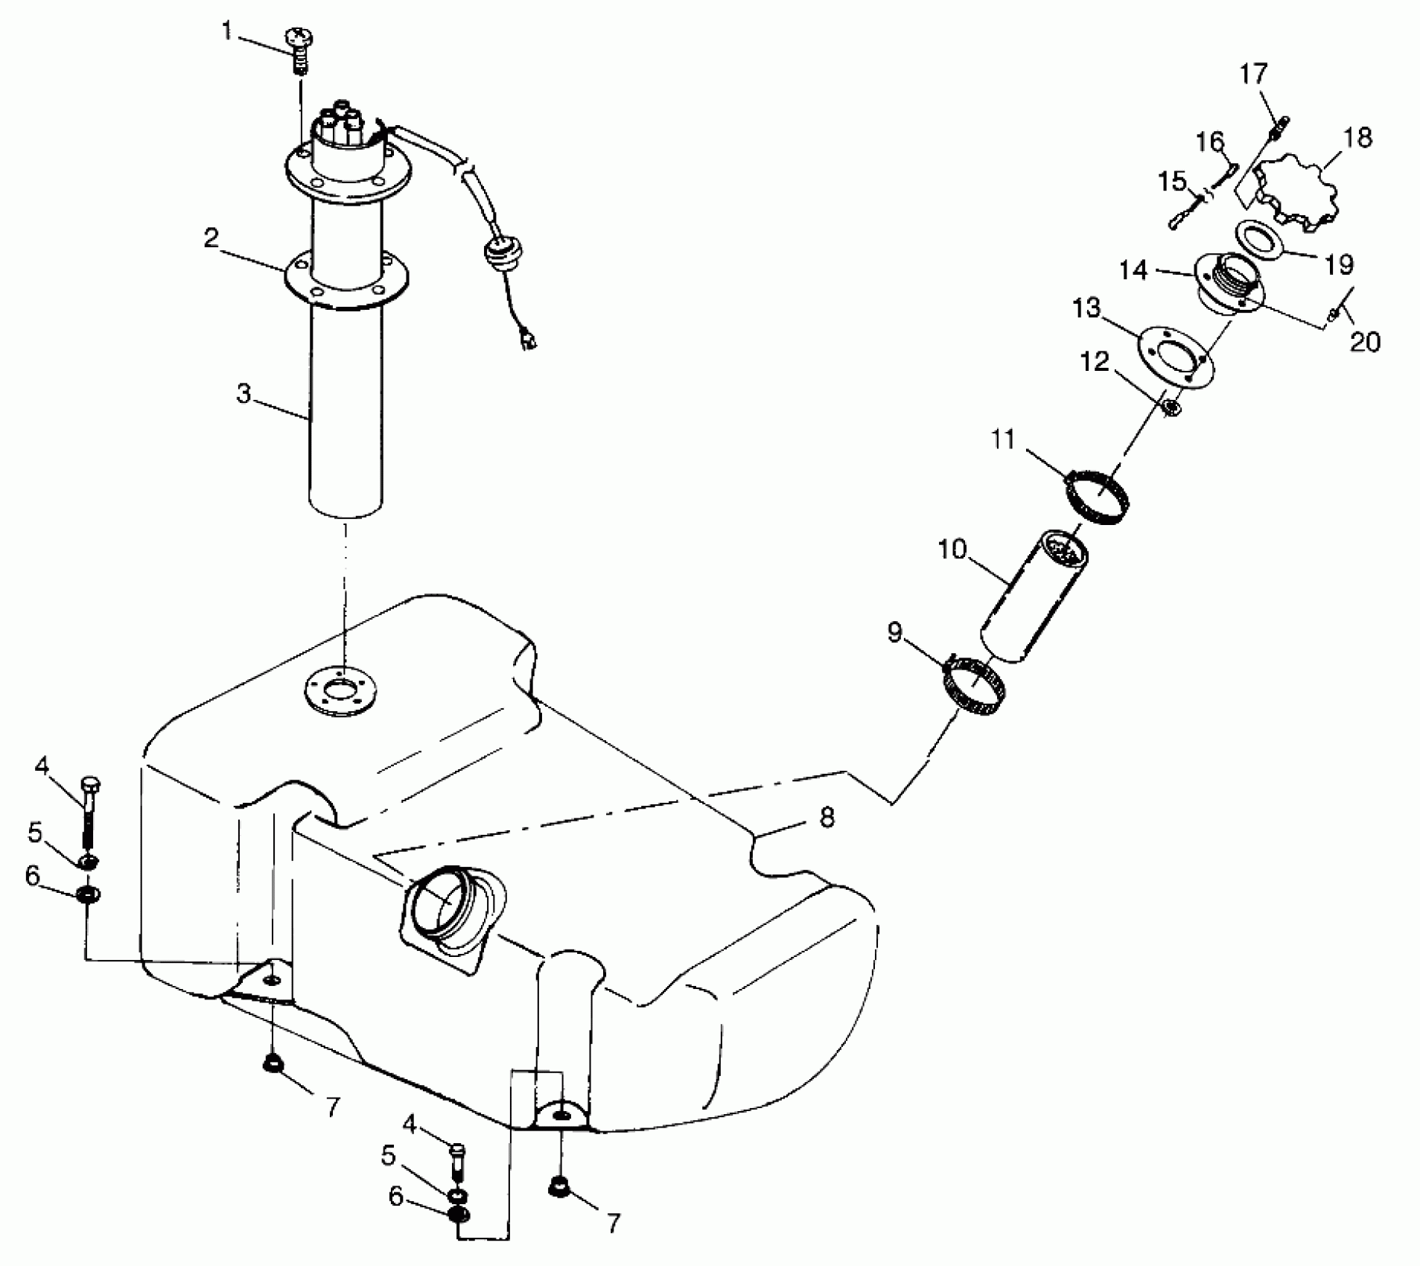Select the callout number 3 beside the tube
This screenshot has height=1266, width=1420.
(244, 393)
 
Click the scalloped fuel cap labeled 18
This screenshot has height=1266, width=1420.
(1300, 194)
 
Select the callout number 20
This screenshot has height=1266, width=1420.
(1365, 342)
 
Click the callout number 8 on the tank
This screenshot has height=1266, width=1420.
(827, 817)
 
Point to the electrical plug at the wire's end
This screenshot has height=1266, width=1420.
(529, 342)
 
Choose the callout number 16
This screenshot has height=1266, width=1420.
(1210, 141)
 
